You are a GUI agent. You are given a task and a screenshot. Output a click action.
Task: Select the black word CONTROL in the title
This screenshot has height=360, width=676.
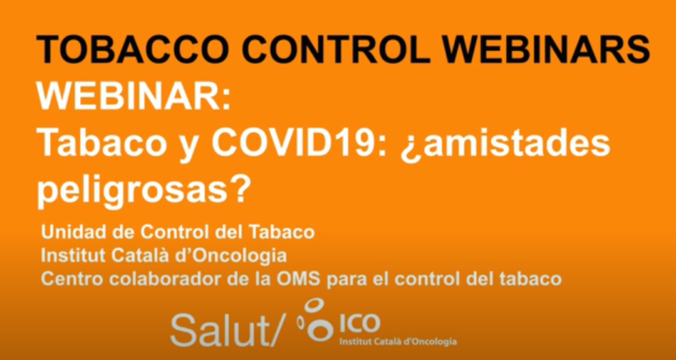pyautogui.click(x=339, y=50)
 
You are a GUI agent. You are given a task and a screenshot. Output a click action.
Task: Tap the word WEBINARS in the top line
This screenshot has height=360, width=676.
pyautogui.click(x=547, y=50)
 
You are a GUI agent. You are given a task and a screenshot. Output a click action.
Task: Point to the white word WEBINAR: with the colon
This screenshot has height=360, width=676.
pyautogui.click(x=134, y=97)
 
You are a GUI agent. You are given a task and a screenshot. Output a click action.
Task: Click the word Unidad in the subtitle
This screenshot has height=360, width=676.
pyautogui.click(x=68, y=232)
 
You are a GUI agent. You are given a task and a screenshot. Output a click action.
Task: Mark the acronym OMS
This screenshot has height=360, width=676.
pyautogui.click(x=303, y=279)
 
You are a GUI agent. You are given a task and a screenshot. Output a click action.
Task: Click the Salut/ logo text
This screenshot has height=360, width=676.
pyautogui.click(x=228, y=329)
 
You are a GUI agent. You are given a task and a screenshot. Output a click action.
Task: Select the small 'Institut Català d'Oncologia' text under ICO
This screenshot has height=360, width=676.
pyautogui.click(x=399, y=342)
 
